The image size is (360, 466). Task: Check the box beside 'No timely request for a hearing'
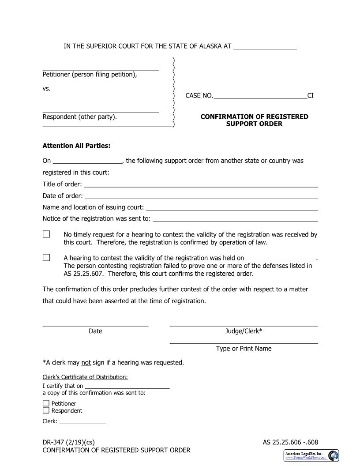click(46, 234)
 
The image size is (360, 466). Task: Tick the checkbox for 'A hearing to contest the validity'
click(46, 257)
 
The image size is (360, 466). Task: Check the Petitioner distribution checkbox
click(46, 403)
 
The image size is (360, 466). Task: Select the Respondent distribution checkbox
click(46, 410)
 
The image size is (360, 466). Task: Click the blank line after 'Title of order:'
click(201, 184)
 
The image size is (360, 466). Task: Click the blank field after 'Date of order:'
click(201, 196)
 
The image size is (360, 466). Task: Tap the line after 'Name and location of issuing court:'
click(232, 207)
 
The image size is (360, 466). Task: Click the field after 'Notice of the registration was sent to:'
click(235, 218)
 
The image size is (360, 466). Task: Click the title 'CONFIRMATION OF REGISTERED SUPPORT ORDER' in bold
click(254, 120)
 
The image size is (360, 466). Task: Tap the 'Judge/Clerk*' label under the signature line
click(244, 331)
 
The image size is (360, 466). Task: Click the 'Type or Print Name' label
click(244, 349)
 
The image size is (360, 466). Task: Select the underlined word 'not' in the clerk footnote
click(86, 363)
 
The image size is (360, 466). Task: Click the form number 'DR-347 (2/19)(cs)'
click(68, 442)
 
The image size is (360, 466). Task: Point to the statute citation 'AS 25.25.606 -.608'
click(290, 442)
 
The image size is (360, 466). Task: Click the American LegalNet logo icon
click(334, 455)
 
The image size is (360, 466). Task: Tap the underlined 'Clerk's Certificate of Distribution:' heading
click(85, 377)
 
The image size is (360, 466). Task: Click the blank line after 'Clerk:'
click(83, 421)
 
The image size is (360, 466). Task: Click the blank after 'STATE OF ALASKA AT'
click(265, 46)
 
